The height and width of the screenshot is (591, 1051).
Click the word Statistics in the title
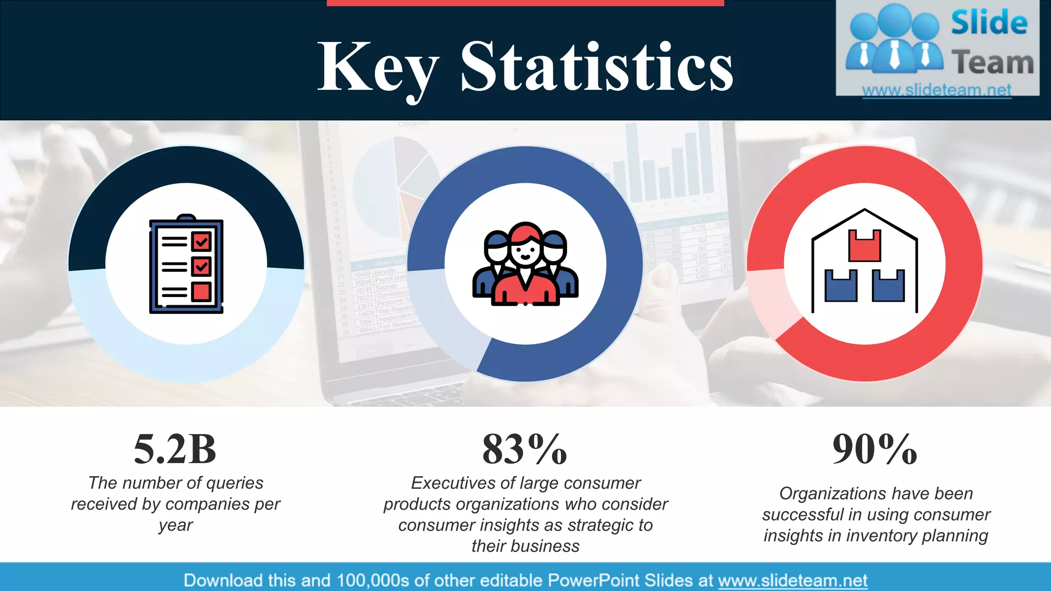[x=597, y=67]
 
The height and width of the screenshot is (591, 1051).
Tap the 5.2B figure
[x=175, y=449]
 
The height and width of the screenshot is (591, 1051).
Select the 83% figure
[x=524, y=449]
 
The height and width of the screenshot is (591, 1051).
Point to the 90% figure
[x=874, y=449]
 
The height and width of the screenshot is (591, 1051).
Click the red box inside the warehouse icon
[x=865, y=246]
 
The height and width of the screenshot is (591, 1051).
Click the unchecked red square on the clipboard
[x=201, y=291]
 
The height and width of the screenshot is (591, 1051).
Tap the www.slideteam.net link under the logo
[x=937, y=90]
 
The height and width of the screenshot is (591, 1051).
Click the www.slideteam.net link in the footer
[x=792, y=580]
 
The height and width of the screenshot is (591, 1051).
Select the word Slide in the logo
[x=989, y=23]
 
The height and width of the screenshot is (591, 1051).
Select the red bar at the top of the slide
[x=525, y=3]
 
